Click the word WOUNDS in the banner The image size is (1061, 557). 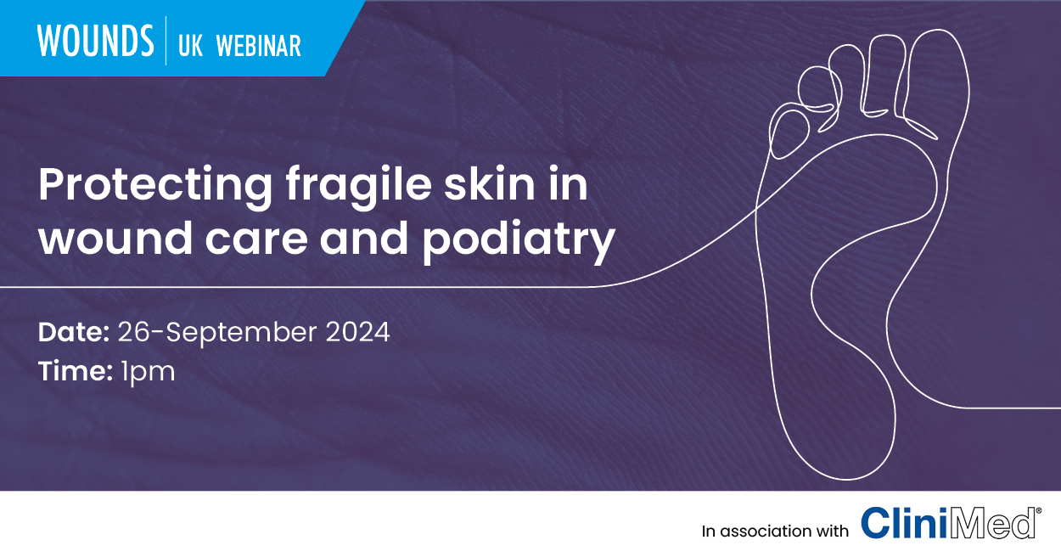pyautogui.click(x=96, y=42)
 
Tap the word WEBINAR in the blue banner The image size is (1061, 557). pyautogui.click(x=259, y=46)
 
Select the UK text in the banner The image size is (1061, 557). pyautogui.click(x=190, y=46)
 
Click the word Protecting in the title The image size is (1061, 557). pyautogui.click(x=155, y=185)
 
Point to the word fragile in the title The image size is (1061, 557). pyautogui.click(x=358, y=185)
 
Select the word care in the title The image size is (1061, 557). pyautogui.click(x=256, y=241)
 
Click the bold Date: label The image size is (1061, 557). pyautogui.click(x=74, y=332)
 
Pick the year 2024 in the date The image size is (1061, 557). pyautogui.click(x=357, y=332)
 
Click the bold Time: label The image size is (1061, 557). pyautogui.click(x=76, y=371)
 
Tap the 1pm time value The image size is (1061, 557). pyautogui.click(x=148, y=372)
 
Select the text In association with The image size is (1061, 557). pyautogui.click(x=775, y=531)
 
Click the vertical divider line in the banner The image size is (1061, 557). pyautogui.click(x=166, y=41)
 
